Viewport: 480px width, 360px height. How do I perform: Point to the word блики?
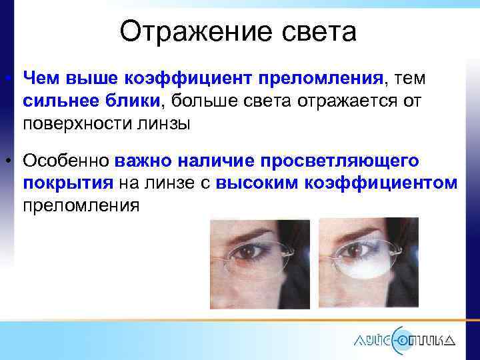pyautogui.click(x=129, y=101)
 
